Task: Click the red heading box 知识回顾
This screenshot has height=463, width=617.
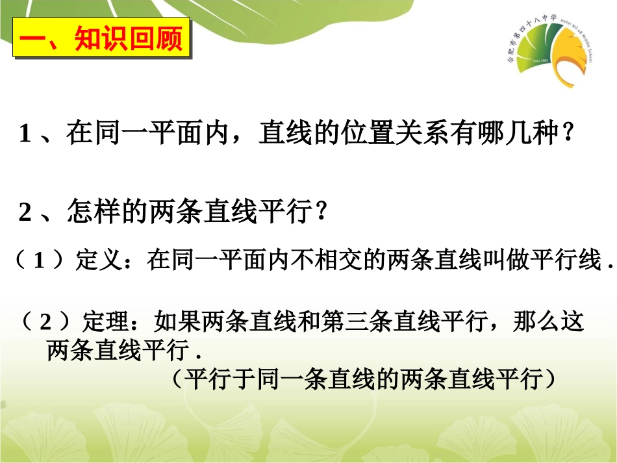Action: coord(102,40)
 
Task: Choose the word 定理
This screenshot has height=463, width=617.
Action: coord(104,321)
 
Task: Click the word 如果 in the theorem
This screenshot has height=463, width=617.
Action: coord(170,321)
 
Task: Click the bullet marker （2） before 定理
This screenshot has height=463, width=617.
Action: coord(45,321)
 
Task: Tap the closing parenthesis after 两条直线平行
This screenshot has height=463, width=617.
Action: coord(550,378)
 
